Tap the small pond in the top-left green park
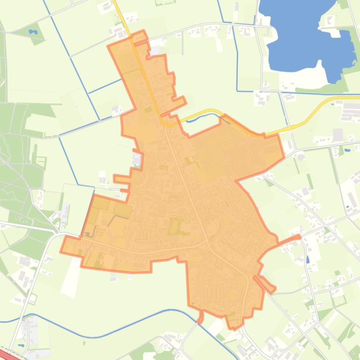tap(32, 32)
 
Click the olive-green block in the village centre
tap(175, 226)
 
